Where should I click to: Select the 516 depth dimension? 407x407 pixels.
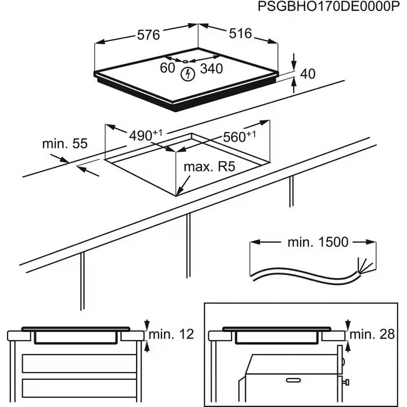(240, 34)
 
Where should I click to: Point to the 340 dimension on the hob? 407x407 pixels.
(212, 69)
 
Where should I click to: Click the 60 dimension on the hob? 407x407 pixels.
(167, 68)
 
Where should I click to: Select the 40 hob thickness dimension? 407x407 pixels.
(308, 73)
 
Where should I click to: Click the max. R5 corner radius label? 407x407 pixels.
(209, 167)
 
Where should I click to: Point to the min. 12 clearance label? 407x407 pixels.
(170, 335)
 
